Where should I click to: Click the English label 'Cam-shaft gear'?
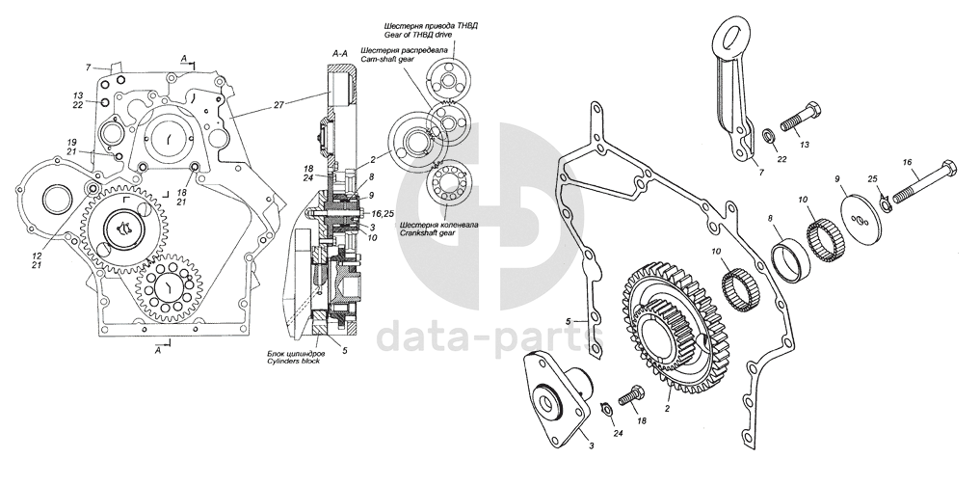[387, 59]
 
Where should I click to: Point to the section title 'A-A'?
[338, 51]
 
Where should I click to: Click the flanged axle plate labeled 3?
[550, 399]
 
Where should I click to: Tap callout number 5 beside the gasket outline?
[569, 320]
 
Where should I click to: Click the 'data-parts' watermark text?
[489, 337]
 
